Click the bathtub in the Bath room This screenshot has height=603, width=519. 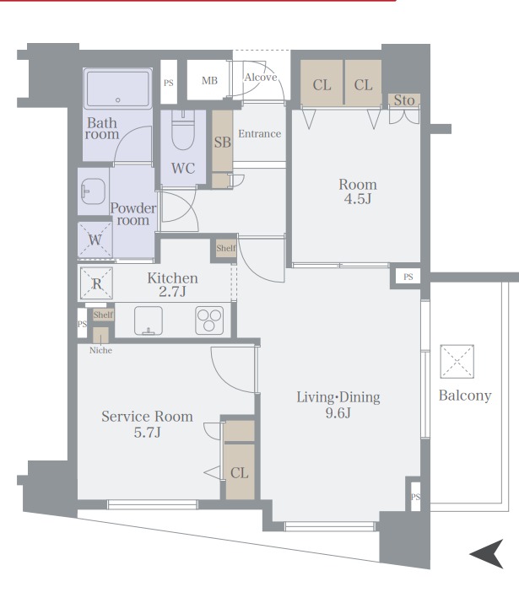117,89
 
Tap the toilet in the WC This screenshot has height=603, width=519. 183,130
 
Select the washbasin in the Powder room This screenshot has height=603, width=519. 93,191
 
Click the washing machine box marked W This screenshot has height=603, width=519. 95,240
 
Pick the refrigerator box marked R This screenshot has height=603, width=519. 96,283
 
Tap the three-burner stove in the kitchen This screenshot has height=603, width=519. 209,320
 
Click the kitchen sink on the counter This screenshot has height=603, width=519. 149,320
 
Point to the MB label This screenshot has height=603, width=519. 209,80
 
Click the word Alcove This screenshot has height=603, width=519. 261,78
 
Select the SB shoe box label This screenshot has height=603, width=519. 223,143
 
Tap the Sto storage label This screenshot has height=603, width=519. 404,100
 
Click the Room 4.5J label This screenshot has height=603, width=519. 358,191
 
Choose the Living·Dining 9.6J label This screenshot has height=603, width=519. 338,404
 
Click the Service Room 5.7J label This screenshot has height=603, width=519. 148,424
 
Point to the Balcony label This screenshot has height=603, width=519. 465,396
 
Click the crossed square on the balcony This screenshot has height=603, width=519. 457,362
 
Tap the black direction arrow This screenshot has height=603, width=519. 487,554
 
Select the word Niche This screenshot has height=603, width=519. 100,350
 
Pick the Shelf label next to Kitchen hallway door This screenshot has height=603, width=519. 226,248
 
